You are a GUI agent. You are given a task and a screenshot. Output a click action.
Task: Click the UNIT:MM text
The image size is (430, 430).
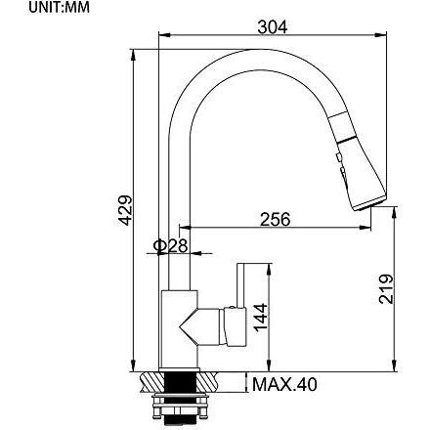coord(59,8)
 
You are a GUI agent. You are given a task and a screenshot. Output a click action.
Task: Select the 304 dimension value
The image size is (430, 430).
coord(273,27)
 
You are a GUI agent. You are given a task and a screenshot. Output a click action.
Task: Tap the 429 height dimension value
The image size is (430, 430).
coord(125,210)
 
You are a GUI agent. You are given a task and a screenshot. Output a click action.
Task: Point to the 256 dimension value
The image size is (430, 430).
coord(275,219)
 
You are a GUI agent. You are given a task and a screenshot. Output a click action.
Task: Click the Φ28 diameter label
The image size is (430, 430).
coord(170,245)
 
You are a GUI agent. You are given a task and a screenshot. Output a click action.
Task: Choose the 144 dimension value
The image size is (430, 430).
coord(261,318)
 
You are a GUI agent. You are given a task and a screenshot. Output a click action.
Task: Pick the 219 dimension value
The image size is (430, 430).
coord(386,289)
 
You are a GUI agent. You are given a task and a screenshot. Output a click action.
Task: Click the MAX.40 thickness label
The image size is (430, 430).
coord(284,384)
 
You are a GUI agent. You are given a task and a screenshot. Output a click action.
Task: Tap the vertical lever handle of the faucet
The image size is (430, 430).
coord(240,285)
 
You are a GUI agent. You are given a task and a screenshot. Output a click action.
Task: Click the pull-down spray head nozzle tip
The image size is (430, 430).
coord(369,203)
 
